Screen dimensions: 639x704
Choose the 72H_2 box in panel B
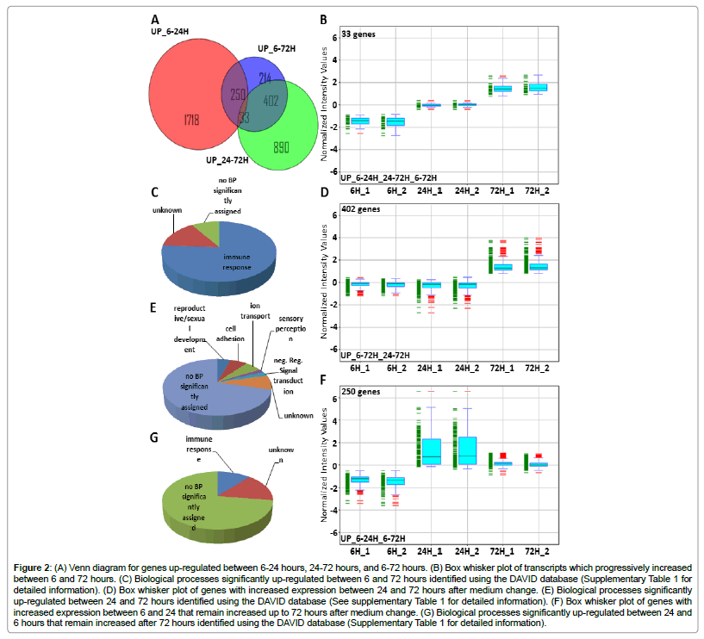coord(538,87)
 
